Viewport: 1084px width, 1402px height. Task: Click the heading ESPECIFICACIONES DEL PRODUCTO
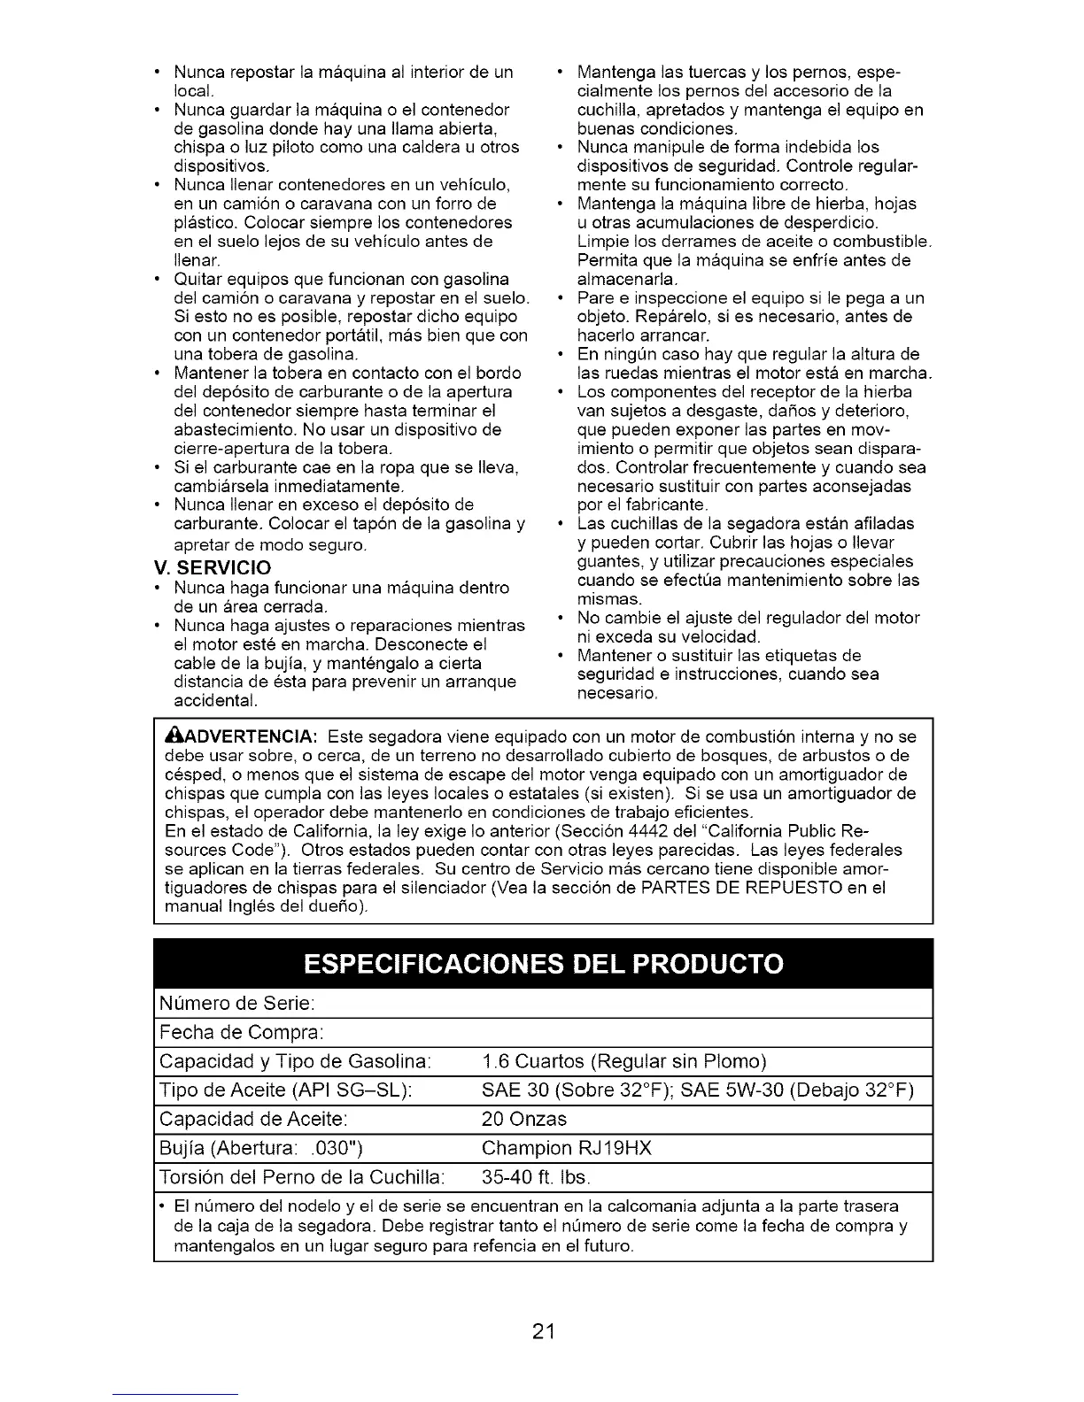[543, 964]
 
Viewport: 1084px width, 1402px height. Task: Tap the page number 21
[543, 1330]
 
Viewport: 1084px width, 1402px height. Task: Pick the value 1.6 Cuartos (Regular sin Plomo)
[624, 1061]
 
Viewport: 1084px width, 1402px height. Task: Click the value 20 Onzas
[524, 1119]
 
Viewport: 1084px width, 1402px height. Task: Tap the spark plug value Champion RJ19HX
[567, 1148]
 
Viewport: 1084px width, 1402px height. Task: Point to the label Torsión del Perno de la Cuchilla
[301, 1177]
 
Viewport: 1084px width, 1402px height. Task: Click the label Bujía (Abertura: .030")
[261, 1148]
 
